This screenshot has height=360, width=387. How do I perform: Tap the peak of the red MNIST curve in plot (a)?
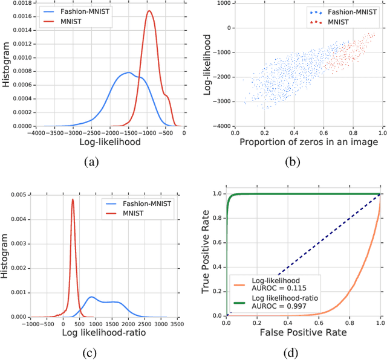pos(149,11)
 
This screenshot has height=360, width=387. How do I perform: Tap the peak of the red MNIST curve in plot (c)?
pos(73,199)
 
